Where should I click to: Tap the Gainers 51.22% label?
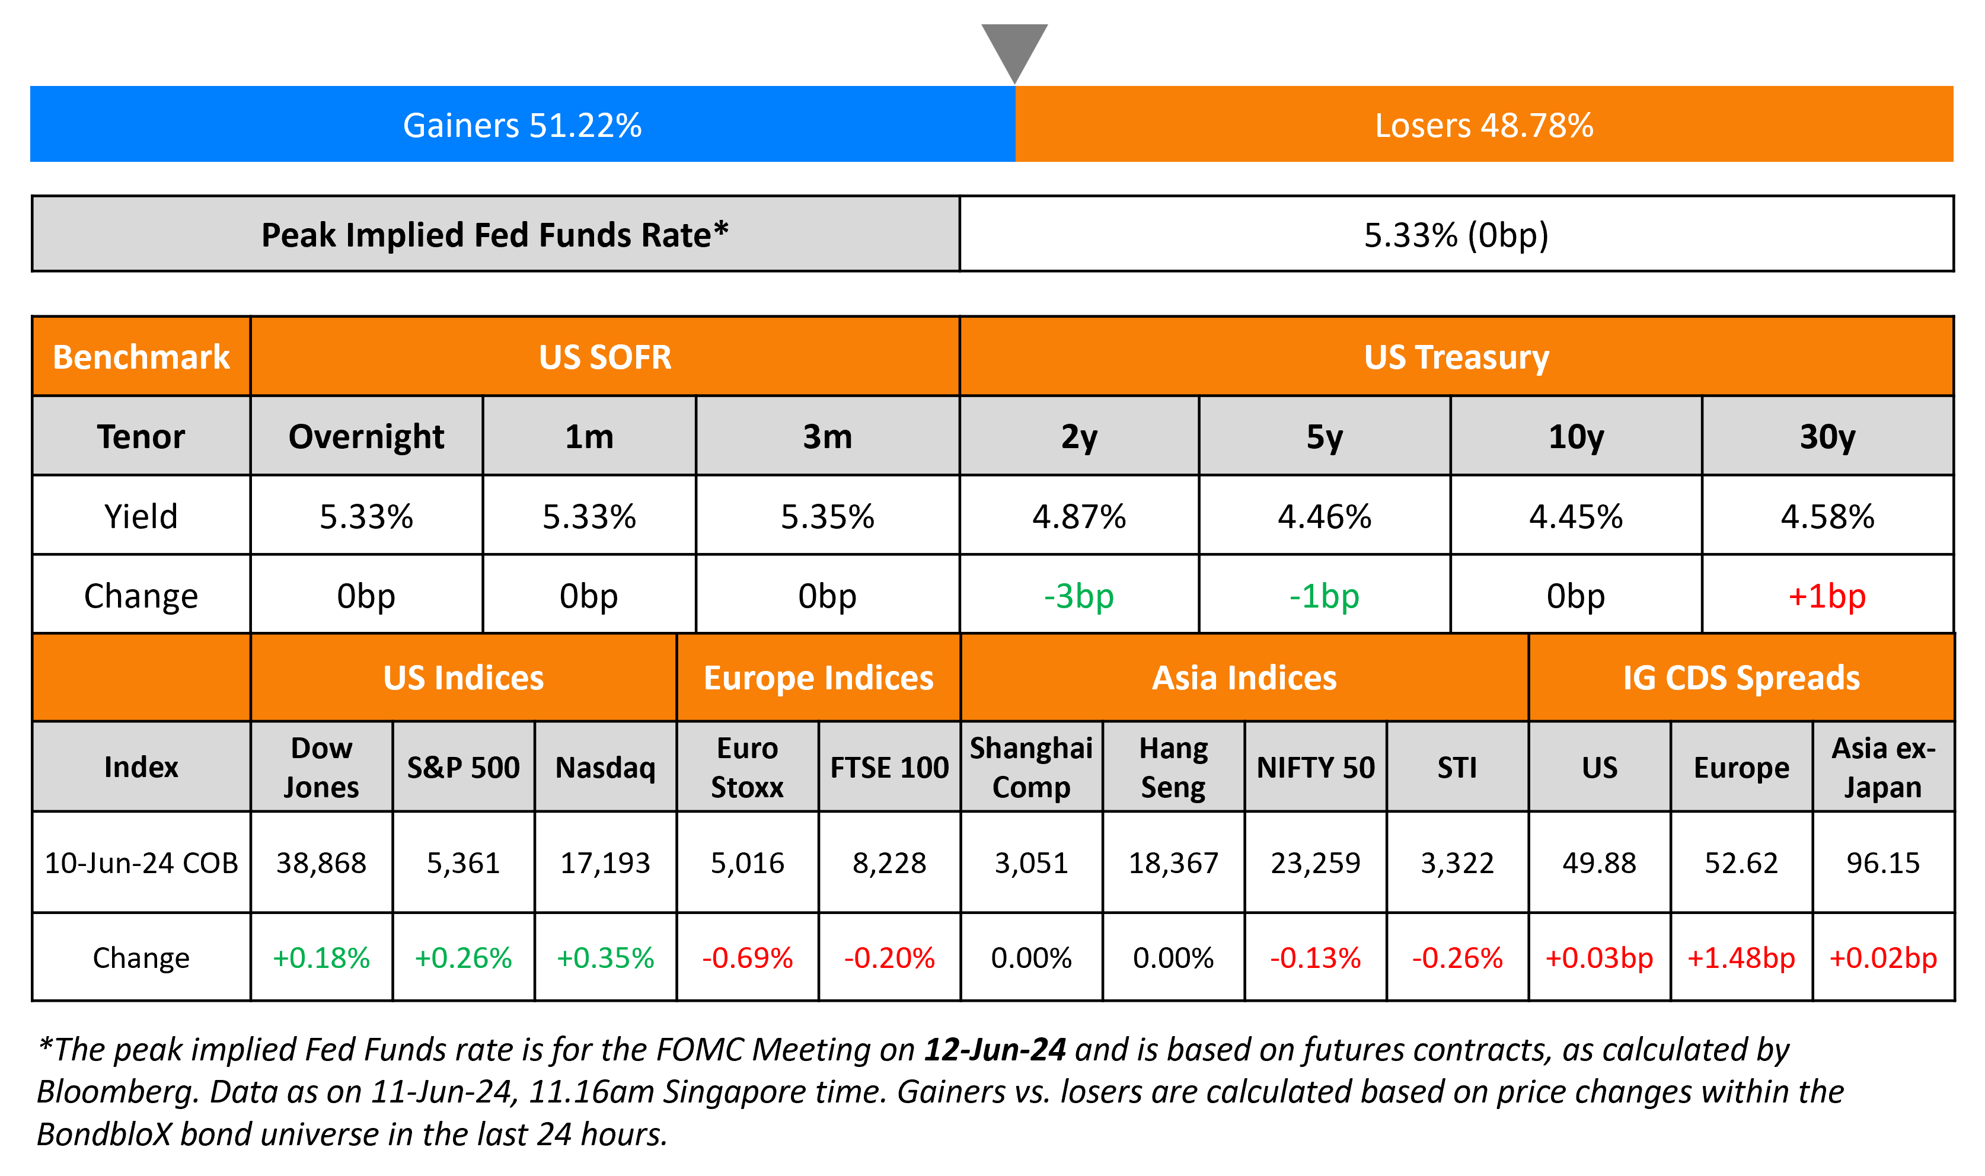click(522, 125)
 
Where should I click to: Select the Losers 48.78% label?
click(1483, 125)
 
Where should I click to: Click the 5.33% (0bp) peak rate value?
click(1456, 235)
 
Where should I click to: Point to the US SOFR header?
click(605, 357)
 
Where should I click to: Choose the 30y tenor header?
click(1827, 437)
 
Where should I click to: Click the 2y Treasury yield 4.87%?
click(1078, 517)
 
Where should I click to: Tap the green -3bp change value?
click(1078, 596)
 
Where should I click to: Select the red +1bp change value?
click(1827, 596)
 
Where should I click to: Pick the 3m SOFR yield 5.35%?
click(827, 517)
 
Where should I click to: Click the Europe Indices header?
click(819, 678)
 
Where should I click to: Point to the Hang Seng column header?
click(1173, 767)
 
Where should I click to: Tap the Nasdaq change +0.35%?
click(605, 958)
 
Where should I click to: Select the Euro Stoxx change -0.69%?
click(747, 958)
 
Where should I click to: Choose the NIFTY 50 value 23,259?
click(1316, 862)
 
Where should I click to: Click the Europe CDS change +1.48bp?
click(1741, 958)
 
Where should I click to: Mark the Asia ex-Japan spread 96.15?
click(1883, 862)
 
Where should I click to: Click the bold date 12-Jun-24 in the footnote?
click(995, 1049)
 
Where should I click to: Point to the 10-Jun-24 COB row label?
click(141, 862)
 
